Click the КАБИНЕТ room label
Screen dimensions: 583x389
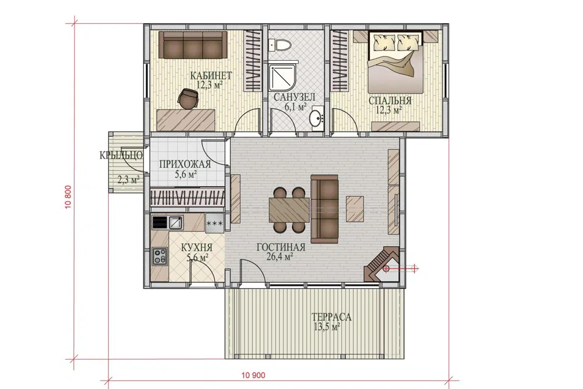tap(211, 75)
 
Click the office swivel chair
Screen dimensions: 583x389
tap(188, 98)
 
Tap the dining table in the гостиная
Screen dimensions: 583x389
tap(289, 210)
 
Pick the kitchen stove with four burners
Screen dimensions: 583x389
tap(160, 256)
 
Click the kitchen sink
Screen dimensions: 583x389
tap(175, 222)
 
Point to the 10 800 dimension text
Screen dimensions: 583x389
tap(69, 197)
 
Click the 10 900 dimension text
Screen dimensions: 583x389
tap(253, 375)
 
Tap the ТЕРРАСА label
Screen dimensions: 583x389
tap(331, 317)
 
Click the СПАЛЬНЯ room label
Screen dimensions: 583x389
tap(390, 100)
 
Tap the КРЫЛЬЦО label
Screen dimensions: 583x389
tap(121, 155)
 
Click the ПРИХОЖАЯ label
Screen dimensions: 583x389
tap(185, 164)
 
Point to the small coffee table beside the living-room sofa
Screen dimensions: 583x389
tap(355, 209)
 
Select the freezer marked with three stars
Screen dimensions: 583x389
tap(214, 223)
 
